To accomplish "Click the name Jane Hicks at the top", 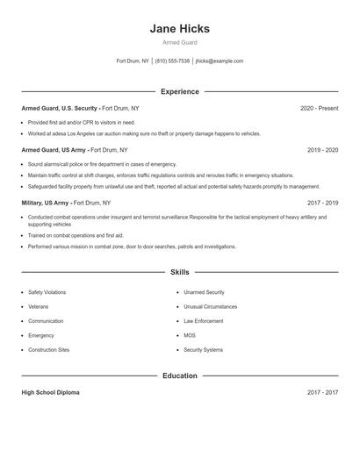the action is (x=179, y=28).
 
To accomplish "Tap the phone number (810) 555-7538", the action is (x=173, y=61).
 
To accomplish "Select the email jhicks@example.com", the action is (x=220, y=61).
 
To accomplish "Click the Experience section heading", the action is (x=179, y=91).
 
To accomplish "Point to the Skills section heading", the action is (x=179, y=273).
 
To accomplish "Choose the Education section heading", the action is (x=179, y=376).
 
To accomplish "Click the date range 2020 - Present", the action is (x=319, y=108).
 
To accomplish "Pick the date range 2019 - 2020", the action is (x=322, y=150).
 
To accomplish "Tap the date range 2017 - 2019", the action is (x=322, y=202).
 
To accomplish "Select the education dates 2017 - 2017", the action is (x=322, y=392).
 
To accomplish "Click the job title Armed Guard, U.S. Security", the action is (x=60, y=108).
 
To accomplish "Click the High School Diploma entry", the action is (x=50, y=392).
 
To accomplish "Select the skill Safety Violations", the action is (x=47, y=292).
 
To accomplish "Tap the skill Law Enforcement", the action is (x=204, y=321).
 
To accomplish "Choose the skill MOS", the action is (x=189, y=335).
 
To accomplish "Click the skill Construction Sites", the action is (x=48, y=350).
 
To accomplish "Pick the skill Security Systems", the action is (x=203, y=350).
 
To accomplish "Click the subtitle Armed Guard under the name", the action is (x=179, y=42).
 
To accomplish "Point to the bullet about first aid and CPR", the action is (x=82, y=123).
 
